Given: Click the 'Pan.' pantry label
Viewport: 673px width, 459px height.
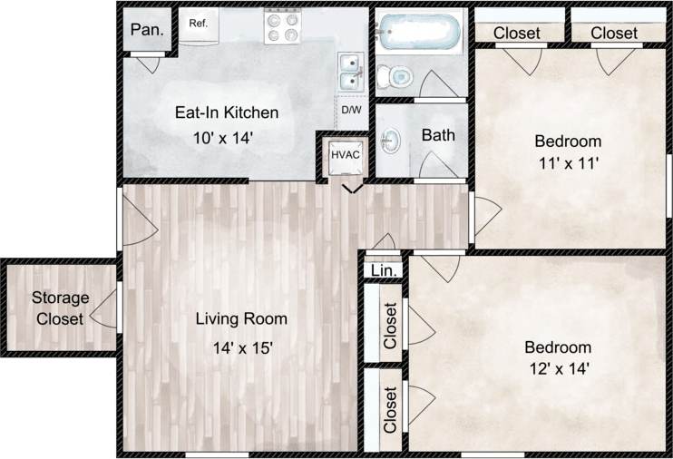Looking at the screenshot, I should click(147, 29).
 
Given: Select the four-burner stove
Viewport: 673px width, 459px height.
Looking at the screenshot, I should click(281, 27).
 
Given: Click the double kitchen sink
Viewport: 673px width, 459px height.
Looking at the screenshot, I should click(350, 72).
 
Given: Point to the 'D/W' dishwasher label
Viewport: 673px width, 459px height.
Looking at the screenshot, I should click(350, 111).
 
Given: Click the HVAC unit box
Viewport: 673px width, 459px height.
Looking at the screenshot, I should click(346, 154).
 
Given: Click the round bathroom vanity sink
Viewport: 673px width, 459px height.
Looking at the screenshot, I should click(391, 142).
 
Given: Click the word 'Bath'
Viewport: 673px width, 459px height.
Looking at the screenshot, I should click(438, 135).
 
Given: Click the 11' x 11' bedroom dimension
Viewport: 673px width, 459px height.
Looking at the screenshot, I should click(568, 164).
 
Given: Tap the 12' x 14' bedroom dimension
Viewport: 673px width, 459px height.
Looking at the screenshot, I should click(558, 369).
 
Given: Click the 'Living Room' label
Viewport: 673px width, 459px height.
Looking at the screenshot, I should click(241, 319).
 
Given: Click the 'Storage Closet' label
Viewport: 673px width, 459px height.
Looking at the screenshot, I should click(61, 308).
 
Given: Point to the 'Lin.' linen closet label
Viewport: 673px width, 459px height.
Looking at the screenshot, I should click(381, 271).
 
